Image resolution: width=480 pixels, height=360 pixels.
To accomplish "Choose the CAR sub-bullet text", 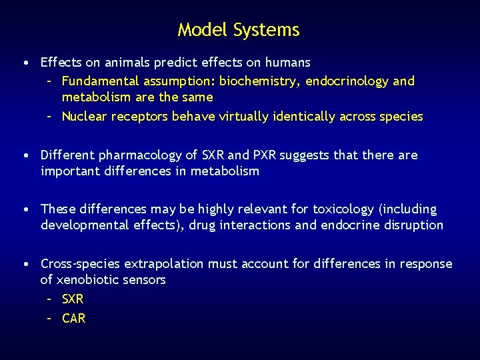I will click(x=73, y=319).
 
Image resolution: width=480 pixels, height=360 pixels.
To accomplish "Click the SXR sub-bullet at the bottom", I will click(x=73, y=299).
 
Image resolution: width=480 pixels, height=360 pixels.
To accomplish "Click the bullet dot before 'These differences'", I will click(x=25, y=210).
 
